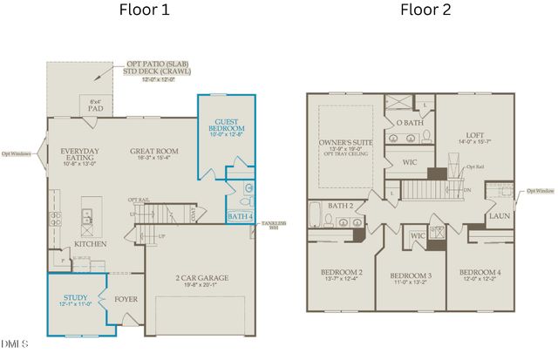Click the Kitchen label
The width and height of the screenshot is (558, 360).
click(x=91, y=244)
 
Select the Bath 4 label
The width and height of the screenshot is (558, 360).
click(x=240, y=215)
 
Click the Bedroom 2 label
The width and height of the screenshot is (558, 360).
click(x=341, y=272)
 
